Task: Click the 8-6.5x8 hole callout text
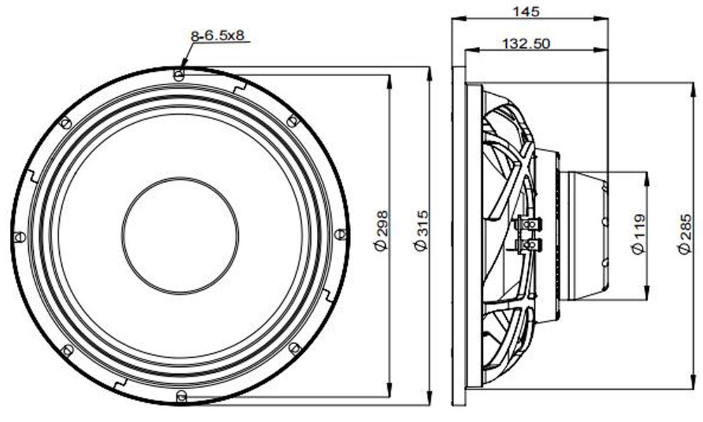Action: [x=217, y=36]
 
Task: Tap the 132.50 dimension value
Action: [x=526, y=44]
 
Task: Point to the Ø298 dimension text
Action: [x=380, y=231]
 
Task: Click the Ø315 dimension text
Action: [x=421, y=231]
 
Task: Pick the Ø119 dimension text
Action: [x=638, y=234]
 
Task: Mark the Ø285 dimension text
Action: [x=685, y=234]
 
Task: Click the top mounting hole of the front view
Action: [x=179, y=75]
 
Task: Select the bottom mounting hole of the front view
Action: [x=181, y=396]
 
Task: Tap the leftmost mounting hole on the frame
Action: [x=19, y=237]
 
